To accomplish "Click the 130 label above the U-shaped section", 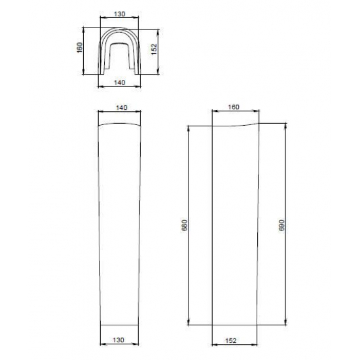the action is coord(120,14).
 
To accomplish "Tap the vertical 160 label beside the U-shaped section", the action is coord(80,48).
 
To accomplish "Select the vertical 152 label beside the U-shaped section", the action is coord(154,49).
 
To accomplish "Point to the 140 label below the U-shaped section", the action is coord(120,82).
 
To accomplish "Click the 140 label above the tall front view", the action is coord(122,107).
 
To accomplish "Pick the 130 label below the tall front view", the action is coord(118,340).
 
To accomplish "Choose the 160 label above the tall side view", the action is coord(234,107).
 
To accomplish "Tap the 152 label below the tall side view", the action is coord(231,341).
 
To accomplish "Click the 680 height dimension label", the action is coord(185,225).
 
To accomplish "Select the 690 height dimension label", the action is coord(281,225).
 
